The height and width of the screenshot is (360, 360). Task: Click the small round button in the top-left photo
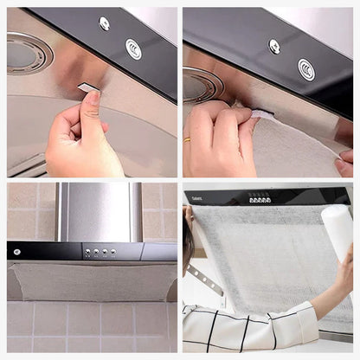pyautogui.click(x=105, y=23)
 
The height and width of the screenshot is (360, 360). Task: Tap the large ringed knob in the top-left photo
pyautogui.click(x=133, y=48)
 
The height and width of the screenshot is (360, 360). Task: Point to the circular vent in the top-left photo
pyautogui.click(x=29, y=52)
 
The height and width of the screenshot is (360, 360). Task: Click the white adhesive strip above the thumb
pyautogui.click(x=87, y=87)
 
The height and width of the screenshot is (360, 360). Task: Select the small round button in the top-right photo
pyautogui.click(x=274, y=45)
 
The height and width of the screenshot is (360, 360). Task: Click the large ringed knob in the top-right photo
pyautogui.click(x=306, y=69)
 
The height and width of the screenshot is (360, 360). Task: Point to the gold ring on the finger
pyautogui.click(x=188, y=139)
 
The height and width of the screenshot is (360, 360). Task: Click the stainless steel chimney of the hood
pyautogui.click(x=99, y=211)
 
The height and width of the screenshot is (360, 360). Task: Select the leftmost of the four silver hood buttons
pyautogui.click(x=87, y=253)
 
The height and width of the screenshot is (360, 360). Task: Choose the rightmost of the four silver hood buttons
pyautogui.click(x=113, y=253)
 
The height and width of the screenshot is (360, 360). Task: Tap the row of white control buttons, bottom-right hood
pyautogui.click(x=260, y=199)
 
